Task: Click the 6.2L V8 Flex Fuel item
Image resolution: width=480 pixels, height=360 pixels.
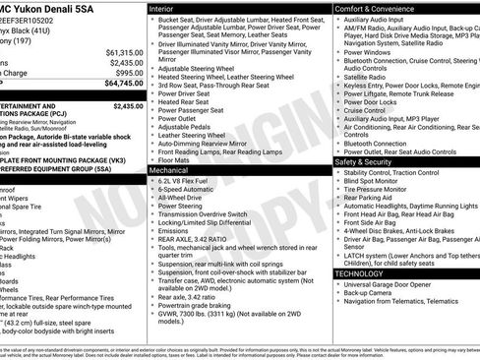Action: pos(192,182)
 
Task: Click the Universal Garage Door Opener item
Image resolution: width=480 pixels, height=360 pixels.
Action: pos(396,285)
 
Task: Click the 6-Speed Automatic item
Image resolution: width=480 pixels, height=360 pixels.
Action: pos(190,190)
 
